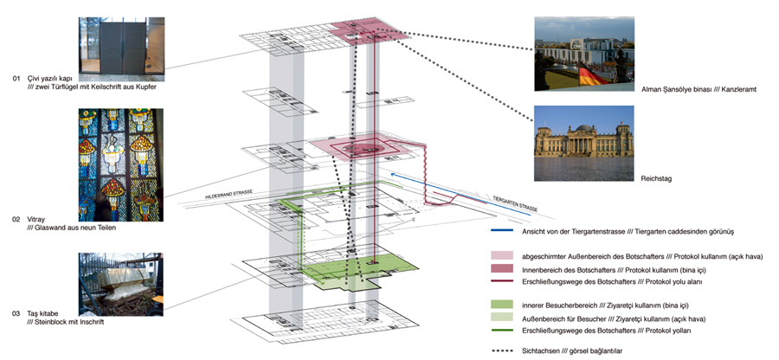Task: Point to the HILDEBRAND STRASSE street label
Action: (229, 198)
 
